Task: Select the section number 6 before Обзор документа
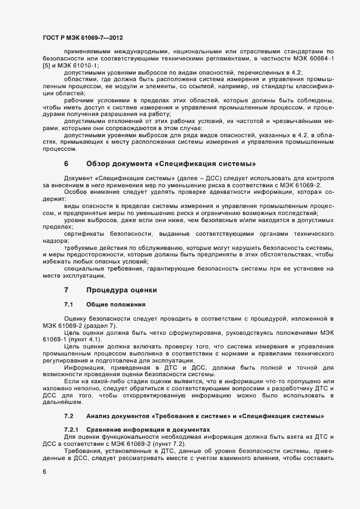(66, 163)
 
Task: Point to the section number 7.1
(69, 304)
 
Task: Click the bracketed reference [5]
(47, 66)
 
